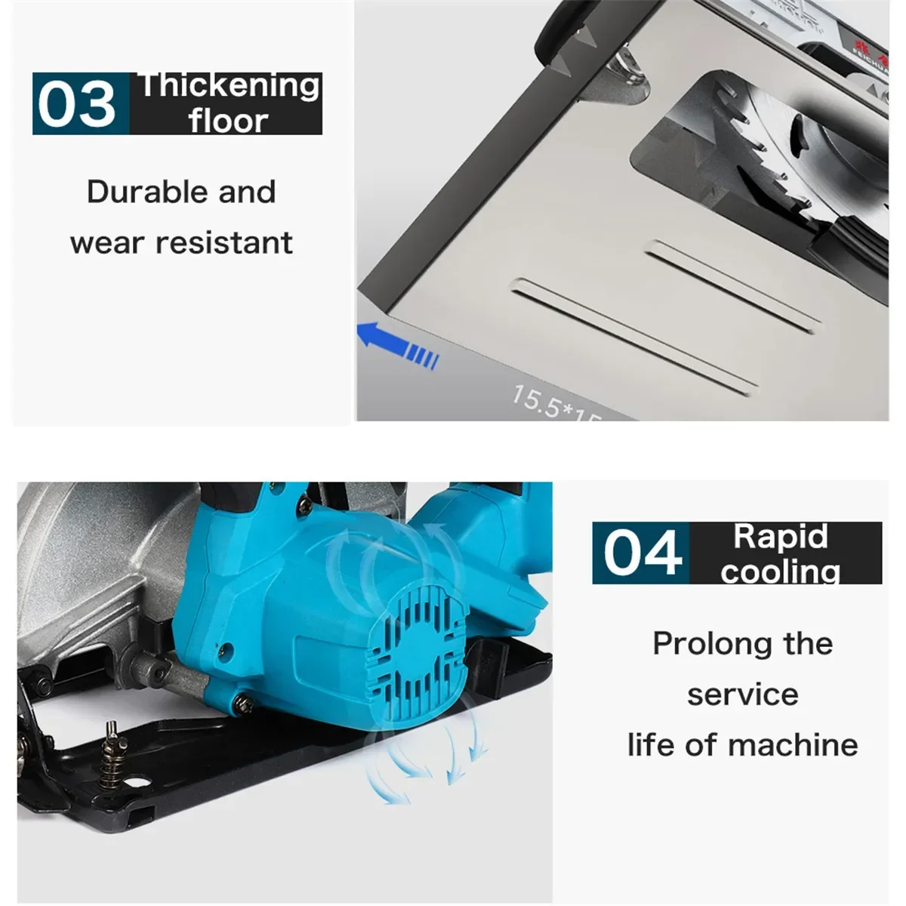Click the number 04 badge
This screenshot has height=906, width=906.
point(641,553)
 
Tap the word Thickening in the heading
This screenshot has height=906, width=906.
point(230,86)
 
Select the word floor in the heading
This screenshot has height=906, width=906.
point(228,121)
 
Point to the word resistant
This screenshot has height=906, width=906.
point(224,242)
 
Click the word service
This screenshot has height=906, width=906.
point(742,695)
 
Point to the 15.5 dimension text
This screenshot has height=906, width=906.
point(536,400)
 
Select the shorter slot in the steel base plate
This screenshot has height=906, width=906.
point(732,286)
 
